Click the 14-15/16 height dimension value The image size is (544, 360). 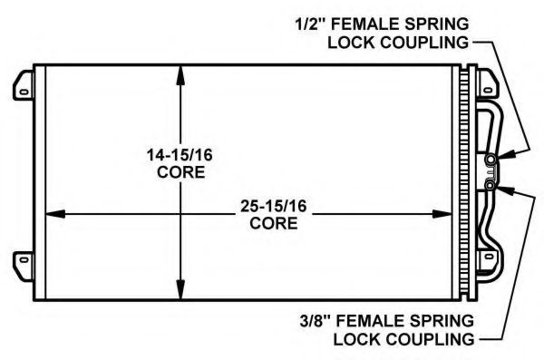pyautogui.click(x=180, y=155)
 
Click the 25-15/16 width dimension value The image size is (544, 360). pyautogui.click(x=274, y=206)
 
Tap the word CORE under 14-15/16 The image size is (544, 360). pyautogui.click(x=180, y=172)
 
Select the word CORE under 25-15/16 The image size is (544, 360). pyautogui.click(x=274, y=223)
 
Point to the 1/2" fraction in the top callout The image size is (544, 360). pyautogui.click(x=311, y=24)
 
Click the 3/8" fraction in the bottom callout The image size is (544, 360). pyautogui.click(x=316, y=321)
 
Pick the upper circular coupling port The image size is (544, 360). pyautogui.click(x=491, y=160)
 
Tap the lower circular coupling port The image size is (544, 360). pyautogui.click(x=490, y=186)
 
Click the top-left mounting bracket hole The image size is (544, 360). pyautogui.click(x=24, y=92)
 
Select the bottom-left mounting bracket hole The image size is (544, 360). pyautogui.click(x=24, y=259)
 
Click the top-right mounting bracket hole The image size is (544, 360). pyautogui.click(x=488, y=91)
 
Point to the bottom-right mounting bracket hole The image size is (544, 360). pyautogui.click(x=489, y=257)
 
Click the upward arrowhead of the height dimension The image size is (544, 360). pyautogui.click(x=180, y=75)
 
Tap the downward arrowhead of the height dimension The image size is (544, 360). pyautogui.click(x=180, y=289)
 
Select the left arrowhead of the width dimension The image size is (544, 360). pyautogui.click(x=56, y=214)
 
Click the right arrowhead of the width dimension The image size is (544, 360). pyautogui.click(x=442, y=214)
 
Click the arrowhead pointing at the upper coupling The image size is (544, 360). pyautogui.click(x=506, y=155)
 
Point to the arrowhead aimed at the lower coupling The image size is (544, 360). pyautogui.click(x=506, y=190)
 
